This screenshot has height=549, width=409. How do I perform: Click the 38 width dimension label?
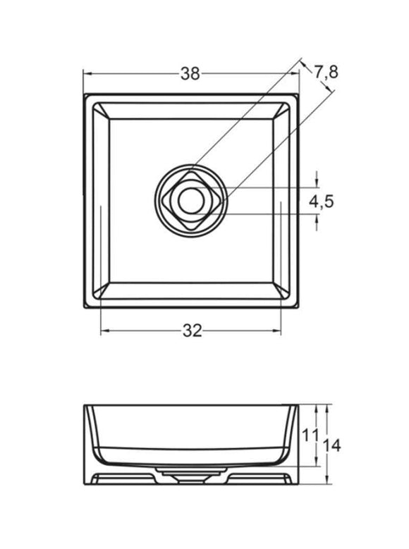[190, 73]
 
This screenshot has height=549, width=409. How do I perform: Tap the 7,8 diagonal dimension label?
[326, 72]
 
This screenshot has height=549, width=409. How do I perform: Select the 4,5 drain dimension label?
[322, 202]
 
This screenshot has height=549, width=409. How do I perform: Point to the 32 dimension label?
[193, 331]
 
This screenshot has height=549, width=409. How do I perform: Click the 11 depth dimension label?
[310, 436]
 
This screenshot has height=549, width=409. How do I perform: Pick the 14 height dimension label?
[331, 446]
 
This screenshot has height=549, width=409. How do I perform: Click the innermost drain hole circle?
[191, 200]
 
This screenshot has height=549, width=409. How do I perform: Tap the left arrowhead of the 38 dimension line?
[87, 73]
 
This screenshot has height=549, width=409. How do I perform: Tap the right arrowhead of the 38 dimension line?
[295, 73]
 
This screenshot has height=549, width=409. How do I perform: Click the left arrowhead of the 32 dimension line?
[104, 331]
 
